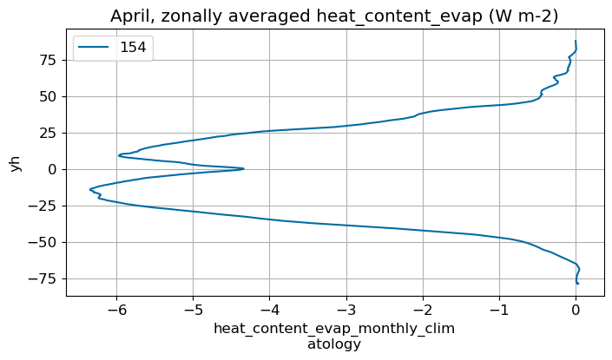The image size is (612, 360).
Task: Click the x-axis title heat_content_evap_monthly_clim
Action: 334,330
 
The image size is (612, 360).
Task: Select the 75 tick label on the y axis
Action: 48,60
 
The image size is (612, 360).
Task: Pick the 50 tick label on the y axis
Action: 48,96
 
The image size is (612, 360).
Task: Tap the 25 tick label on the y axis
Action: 48,133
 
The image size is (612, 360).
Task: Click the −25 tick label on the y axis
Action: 43,206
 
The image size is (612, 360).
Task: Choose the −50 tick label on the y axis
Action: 43,242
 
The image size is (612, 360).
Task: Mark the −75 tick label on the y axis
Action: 43,278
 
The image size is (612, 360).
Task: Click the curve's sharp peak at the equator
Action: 244,168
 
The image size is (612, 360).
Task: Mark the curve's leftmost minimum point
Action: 89,189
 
